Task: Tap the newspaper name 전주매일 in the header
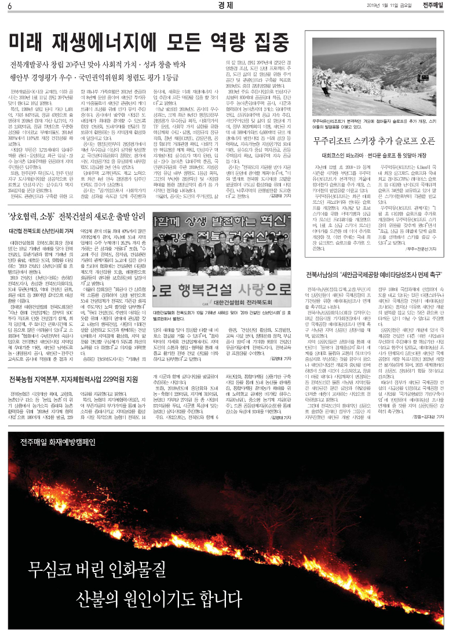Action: point(432,6)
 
